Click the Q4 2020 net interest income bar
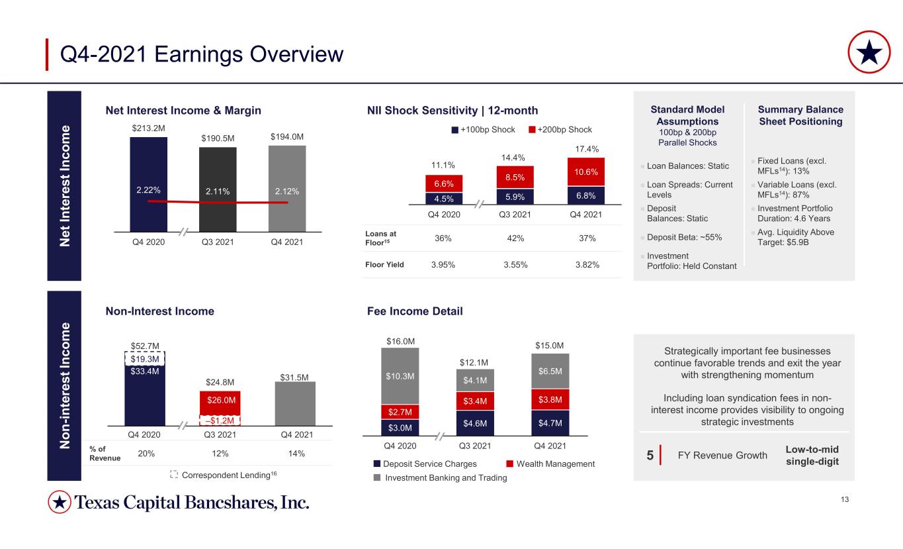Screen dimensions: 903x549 click(148, 185)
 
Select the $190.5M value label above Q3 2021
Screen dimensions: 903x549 click(218, 138)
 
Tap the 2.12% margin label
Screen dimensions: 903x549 click(287, 191)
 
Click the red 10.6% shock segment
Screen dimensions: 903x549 click(585, 172)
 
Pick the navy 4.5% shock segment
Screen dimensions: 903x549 click(444, 199)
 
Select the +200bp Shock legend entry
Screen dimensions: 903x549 click(560, 130)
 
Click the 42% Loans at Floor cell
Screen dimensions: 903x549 click(515, 238)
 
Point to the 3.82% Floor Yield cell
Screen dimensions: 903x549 click(587, 265)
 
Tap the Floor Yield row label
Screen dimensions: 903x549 click(384, 265)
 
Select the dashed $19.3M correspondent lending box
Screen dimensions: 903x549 click(145, 359)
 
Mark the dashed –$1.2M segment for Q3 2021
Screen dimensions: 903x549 click(220, 421)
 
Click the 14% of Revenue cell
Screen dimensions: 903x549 click(296, 454)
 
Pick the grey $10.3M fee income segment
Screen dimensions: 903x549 click(400, 376)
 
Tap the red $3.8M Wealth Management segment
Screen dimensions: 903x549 click(550, 399)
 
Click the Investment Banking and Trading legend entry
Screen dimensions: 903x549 click(440, 478)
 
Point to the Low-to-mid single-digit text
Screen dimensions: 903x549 click(812, 456)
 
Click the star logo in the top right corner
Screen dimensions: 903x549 click(869, 52)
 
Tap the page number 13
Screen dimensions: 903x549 click(845, 499)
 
